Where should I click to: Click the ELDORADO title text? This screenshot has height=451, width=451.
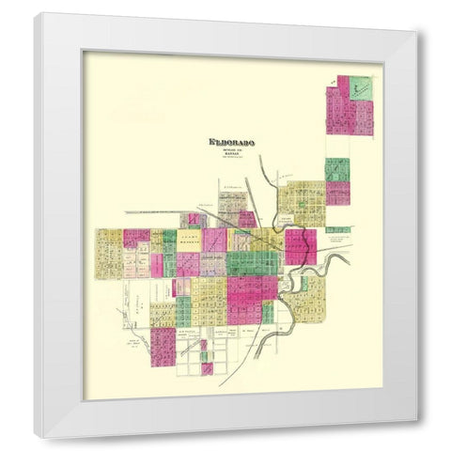pyautogui.click(x=231, y=143)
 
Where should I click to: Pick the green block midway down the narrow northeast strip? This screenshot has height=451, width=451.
pyautogui.click(x=337, y=170)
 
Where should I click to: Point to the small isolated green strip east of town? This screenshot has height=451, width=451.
pyautogui.click(x=338, y=229)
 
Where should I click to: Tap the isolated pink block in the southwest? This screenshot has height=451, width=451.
pyautogui.click(x=163, y=346)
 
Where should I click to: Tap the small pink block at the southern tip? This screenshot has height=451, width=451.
pyautogui.click(x=206, y=369)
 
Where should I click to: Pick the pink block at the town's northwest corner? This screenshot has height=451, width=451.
pyautogui.click(x=136, y=238)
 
